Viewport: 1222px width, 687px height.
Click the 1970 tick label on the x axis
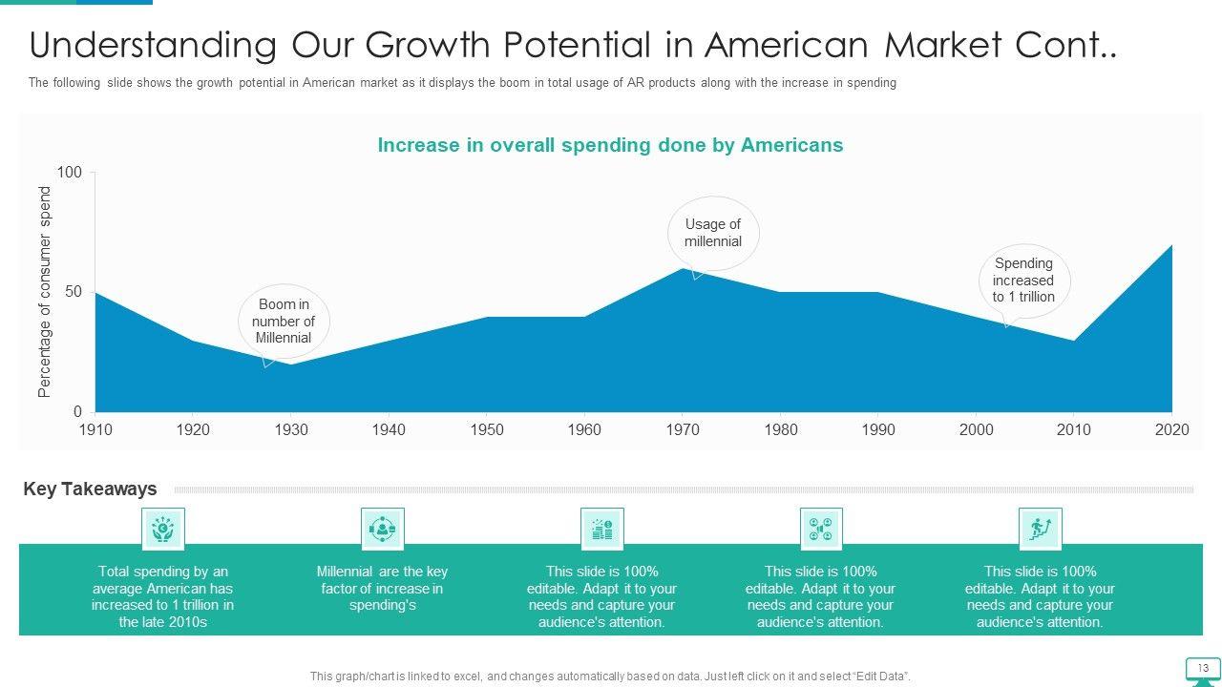683,429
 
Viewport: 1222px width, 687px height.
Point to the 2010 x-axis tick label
1074,429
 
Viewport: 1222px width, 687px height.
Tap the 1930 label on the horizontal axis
291,429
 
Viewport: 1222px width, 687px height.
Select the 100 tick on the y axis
70,173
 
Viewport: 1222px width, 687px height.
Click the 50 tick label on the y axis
74,292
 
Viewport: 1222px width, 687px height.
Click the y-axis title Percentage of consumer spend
45,292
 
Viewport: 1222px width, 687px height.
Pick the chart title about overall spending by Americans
610,145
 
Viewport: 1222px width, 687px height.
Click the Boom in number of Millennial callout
284,322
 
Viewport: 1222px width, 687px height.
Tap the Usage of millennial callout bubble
712,233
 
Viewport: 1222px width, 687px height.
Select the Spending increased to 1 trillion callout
1023,281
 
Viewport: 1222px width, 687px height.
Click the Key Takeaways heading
90,489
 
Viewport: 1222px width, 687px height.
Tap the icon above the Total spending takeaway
163,529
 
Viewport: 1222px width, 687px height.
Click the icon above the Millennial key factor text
382,529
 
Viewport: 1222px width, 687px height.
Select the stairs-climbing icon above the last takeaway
1040,529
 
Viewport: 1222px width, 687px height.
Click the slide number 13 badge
1203,668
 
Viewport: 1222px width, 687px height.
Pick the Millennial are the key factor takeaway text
382,588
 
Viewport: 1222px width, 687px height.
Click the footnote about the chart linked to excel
610,677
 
